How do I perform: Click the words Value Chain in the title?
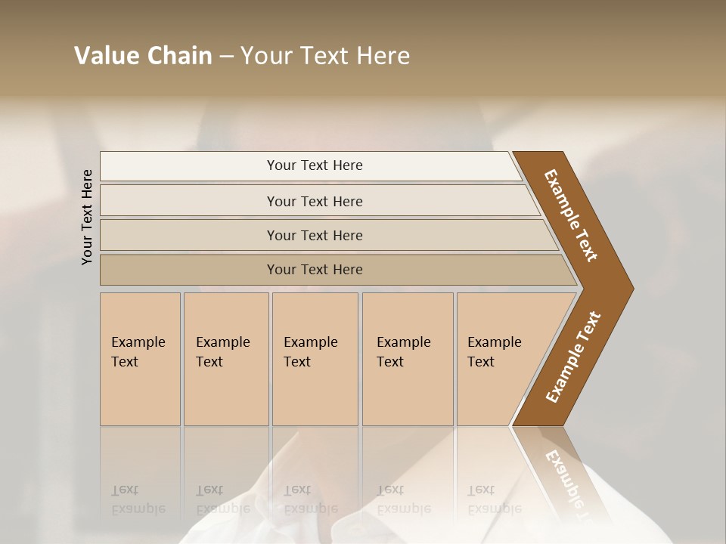(143, 56)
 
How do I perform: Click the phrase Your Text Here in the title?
(325, 56)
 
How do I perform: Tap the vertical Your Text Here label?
(87, 217)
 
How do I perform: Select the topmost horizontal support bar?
(189, 166)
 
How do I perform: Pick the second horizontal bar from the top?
(189, 201)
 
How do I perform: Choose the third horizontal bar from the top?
(189, 235)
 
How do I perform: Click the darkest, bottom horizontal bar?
(189, 270)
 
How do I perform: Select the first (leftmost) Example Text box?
(140, 393)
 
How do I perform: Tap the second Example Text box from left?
(226, 393)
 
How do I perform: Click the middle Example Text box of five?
(315, 393)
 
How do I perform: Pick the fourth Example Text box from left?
(408, 393)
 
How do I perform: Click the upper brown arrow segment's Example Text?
(571, 215)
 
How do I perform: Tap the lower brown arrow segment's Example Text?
(572, 357)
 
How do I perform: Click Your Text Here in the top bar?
(315, 165)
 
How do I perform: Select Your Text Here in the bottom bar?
(315, 270)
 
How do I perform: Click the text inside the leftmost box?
(138, 351)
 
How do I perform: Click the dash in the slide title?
(226, 57)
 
